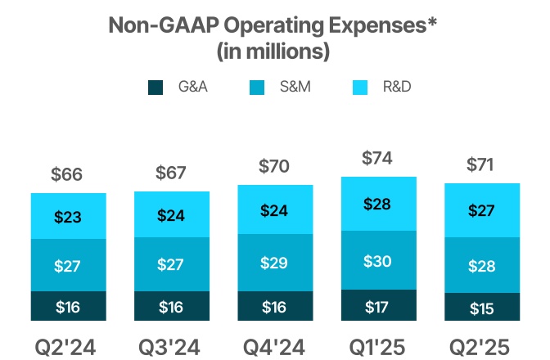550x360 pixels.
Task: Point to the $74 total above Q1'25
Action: coord(379,159)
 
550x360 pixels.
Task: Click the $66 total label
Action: coord(67,174)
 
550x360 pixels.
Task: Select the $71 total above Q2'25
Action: coord(482,164)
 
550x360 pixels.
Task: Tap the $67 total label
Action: coord(172,173)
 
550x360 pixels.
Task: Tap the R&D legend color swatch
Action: coord(358,86)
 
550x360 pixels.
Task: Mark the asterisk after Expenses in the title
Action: coord(432,22)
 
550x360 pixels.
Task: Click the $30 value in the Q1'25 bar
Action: coord(379,262)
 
